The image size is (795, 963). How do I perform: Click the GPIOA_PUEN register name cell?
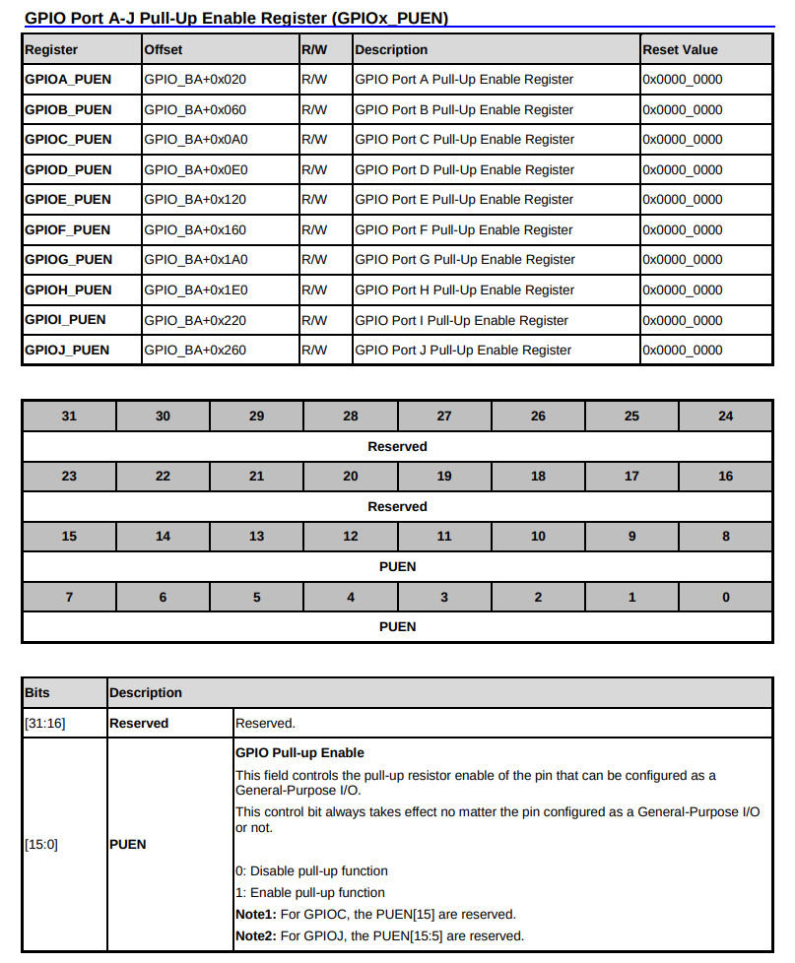(68, 80)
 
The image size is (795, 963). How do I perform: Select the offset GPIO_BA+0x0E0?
(195, 169)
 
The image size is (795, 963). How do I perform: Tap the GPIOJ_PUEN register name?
(67, 350)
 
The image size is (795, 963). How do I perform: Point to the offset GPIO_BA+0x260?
(195, 350)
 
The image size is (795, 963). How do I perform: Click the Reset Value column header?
(680, 49)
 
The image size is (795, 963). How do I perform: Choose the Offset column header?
(164, 49)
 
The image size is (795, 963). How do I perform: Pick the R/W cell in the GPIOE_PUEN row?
(314, 200)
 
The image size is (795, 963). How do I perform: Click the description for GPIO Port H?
(464, 289)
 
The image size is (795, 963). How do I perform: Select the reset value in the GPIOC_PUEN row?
(683, 139)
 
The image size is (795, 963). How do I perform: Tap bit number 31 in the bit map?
(69, 417)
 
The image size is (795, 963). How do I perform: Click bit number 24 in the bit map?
(726, 417)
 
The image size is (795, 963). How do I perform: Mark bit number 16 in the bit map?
(726, 477)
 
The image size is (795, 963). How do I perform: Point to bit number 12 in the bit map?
(351, 537)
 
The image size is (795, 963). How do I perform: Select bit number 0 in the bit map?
(726, 597)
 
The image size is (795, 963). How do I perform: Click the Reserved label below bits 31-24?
(397, 446)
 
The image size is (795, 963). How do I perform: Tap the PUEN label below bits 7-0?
(397, 626)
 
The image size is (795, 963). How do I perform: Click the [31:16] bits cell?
(43, 723)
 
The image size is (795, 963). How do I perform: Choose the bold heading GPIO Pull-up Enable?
(299, 753)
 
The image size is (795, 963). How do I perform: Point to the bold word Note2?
(255, 935)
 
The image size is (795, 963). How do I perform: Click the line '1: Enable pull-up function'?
(310, 892)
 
